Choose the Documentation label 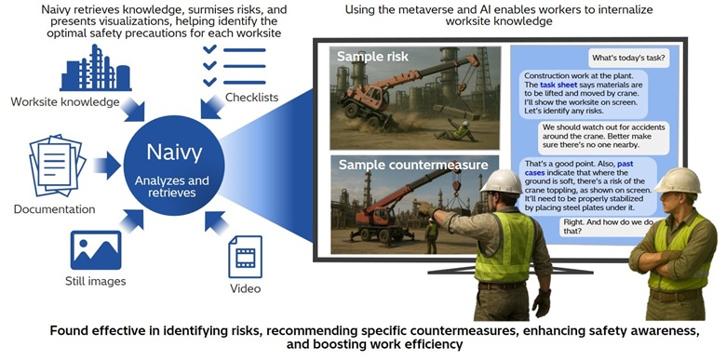(x=54, y=209)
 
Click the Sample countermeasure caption (x=413, y=165)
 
